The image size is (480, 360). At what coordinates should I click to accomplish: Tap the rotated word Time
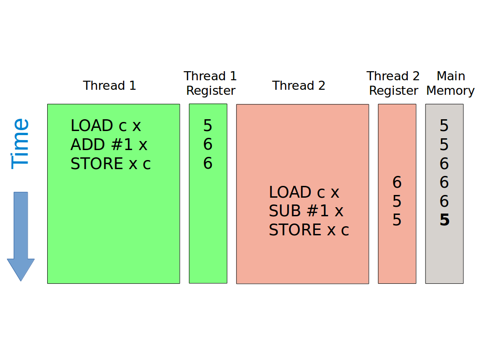20,144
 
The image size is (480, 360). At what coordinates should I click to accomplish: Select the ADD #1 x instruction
109,145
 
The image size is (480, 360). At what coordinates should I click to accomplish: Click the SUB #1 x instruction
306,211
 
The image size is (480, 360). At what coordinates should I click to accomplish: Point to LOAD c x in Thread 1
106,126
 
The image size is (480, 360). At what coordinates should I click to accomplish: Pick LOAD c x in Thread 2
304,192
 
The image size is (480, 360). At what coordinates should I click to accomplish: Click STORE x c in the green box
111,164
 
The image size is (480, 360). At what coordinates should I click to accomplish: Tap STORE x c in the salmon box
309,230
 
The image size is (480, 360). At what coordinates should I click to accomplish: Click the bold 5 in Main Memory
444,220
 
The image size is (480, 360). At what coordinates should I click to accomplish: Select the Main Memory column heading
450,83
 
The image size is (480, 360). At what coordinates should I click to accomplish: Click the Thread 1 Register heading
211,83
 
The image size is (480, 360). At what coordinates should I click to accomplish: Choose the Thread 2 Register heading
393,83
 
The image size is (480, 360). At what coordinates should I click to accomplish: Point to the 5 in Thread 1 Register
208,126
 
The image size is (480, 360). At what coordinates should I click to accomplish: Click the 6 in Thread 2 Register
397,182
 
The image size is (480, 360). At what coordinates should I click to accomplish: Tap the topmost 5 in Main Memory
444,126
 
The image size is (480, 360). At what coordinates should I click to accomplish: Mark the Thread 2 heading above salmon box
299,85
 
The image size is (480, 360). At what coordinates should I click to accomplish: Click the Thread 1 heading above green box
109,85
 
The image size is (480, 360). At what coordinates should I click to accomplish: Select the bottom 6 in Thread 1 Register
208,164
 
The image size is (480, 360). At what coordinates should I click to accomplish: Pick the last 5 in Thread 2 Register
397,220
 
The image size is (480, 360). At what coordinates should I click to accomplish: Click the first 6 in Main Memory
444,164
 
